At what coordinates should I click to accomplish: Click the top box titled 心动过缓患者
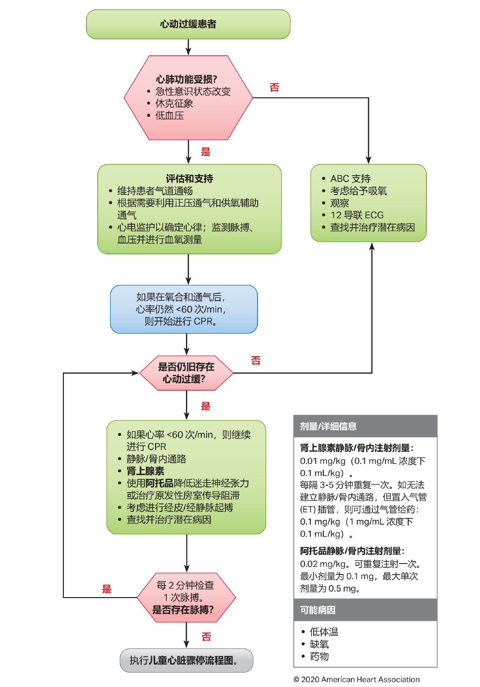coord(188,24)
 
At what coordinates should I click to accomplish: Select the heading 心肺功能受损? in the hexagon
coord(186,79)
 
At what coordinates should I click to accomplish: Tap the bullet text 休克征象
coord(174,103)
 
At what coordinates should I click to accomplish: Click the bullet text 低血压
coord(169,116)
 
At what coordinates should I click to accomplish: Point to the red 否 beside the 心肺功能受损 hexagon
coord(274,88)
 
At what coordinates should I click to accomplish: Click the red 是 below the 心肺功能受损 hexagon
coord(206,152)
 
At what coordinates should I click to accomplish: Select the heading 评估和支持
coord(189,178)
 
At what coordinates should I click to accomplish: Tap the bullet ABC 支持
coord(350,178)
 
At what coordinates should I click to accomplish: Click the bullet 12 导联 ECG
coord(357,215)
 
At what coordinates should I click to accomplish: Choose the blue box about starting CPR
coord(184,309)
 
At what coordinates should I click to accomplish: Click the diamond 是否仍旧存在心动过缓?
coord(186,373)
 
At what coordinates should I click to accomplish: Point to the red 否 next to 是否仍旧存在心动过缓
coord(256,361)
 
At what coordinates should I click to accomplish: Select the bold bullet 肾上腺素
coord(145,471)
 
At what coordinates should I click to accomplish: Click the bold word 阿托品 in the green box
coord(159,483)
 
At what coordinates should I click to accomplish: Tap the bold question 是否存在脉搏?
coord(183,610)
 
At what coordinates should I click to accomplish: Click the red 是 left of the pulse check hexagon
coord(107,589)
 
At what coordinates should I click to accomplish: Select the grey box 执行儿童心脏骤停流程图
coord(186,660)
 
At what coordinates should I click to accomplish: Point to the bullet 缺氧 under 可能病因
coord(319,644)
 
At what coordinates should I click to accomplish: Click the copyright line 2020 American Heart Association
coord(357,680)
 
